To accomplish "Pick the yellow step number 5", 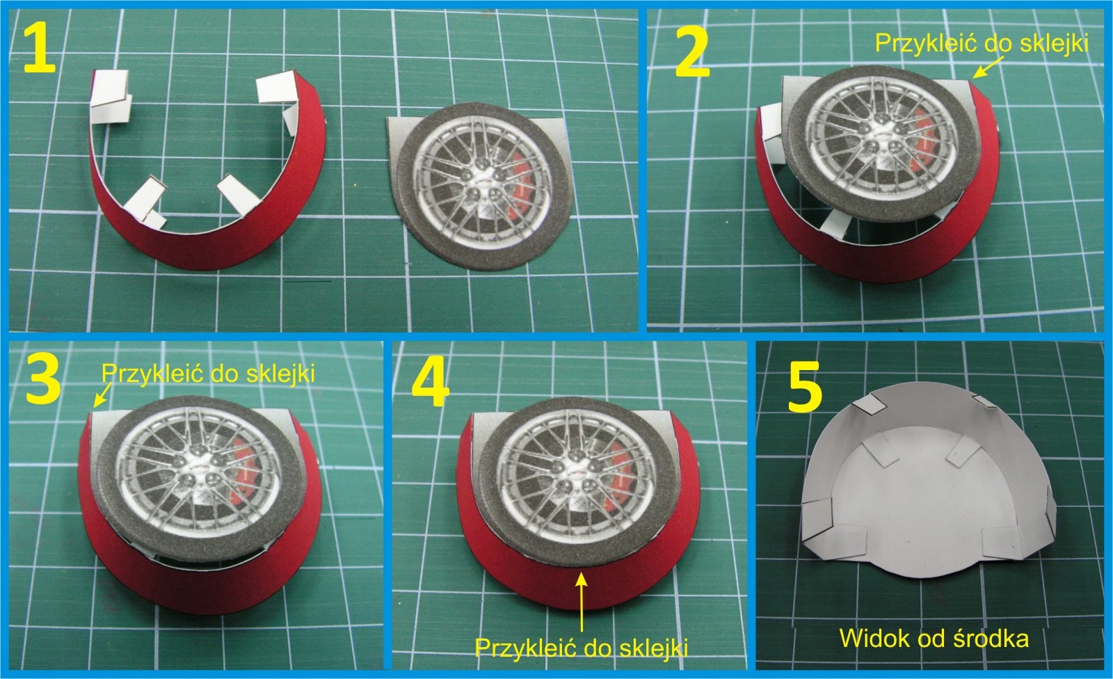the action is click(805, 386).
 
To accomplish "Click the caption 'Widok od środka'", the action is click(934, 638).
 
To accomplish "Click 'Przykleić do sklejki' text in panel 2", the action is click(982, 43).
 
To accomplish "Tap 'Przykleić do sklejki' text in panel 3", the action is click(208, 373).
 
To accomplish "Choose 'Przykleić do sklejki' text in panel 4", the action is click(582, 648).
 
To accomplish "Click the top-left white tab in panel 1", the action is click(111, 95).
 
